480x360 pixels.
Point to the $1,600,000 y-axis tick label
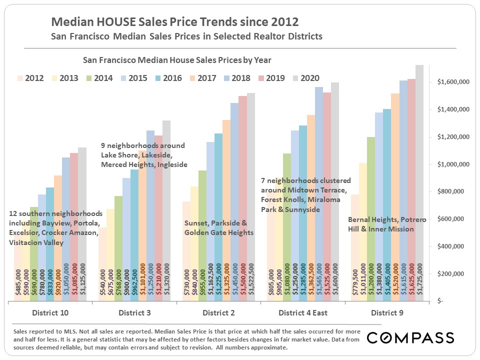point(452,82)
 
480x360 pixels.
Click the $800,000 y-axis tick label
point(454,191)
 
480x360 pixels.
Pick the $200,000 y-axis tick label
point(454,274)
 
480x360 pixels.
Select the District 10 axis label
point(50,313)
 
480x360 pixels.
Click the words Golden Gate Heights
point(218,232)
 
